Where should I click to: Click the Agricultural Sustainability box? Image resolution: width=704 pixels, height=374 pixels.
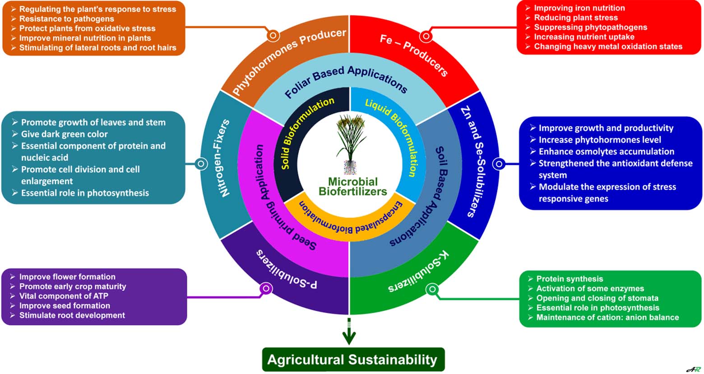pos(353,360)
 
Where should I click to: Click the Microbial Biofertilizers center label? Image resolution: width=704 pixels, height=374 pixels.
pos(352,187)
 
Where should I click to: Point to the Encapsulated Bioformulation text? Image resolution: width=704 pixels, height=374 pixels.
pos(351,217)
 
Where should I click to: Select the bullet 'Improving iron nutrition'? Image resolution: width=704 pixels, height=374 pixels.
pos(579,8)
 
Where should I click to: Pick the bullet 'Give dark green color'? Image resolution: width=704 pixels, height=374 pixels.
pos(65,134)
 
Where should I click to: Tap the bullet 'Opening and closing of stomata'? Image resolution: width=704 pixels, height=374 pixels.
pos(597,298)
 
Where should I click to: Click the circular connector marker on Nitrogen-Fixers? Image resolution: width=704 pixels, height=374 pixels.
pos(201,164)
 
